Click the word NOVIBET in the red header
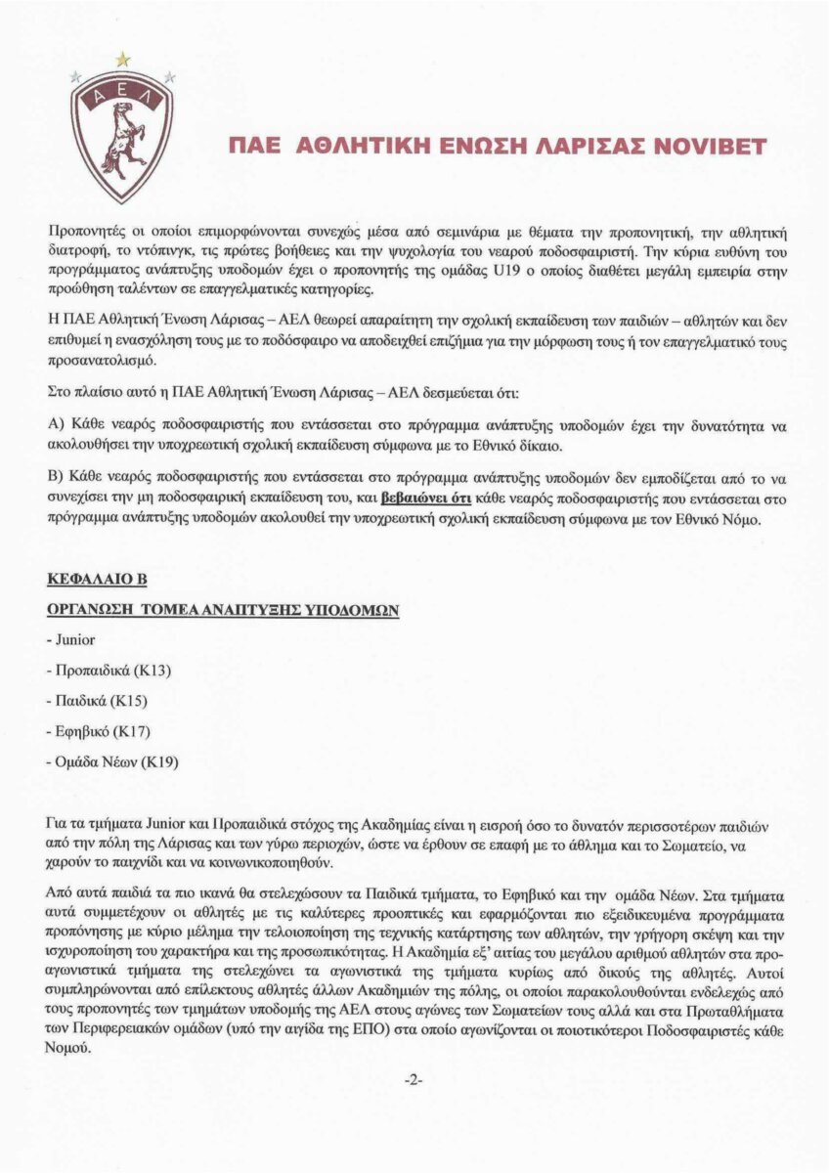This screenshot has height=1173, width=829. [713, 146]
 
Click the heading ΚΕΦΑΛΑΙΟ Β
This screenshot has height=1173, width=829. [97, 580]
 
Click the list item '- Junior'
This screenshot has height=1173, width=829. [71, 639]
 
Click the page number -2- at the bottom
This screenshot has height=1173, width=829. [414, 1080]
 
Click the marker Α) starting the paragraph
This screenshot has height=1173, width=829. [55, 427]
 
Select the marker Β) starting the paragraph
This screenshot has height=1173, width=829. [55, 478]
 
